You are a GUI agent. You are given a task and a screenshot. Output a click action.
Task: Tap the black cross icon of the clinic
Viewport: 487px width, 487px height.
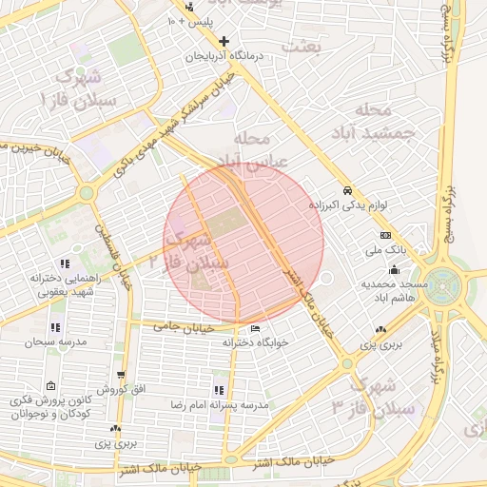tap(224, 41)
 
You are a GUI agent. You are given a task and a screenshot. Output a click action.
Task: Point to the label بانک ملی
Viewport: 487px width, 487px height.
tap(385, 252)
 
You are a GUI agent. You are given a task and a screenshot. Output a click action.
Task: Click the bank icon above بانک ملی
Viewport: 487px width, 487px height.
tap(385, 235)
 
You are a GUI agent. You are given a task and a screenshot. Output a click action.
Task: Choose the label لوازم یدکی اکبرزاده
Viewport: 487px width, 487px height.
tap(349, 205)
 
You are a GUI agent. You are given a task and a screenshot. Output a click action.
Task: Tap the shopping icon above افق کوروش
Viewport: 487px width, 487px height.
tap(121, 376)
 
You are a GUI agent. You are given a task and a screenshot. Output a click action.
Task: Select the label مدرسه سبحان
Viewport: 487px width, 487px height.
tap(56, 341)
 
